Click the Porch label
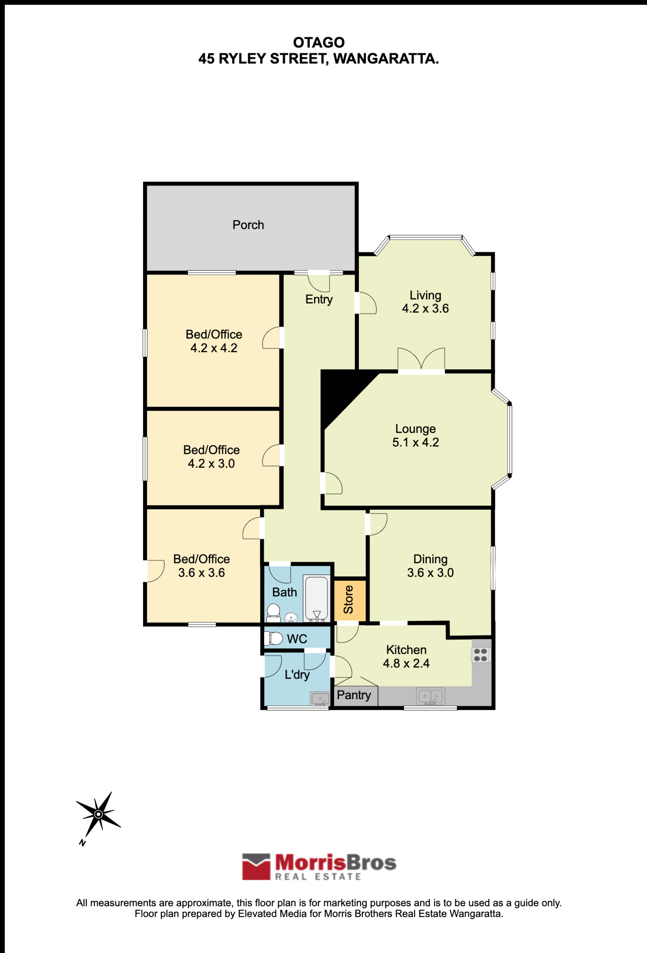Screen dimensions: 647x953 click(248, 225)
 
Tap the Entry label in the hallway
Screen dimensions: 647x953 click(319, 299)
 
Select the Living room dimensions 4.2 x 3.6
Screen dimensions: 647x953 click(425, 308)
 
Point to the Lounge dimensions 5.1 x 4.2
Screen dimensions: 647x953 click(415, 442)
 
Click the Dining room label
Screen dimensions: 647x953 click(430, 559)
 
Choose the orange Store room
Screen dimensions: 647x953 click(349, 600)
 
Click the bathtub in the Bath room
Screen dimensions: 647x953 click(316, 599)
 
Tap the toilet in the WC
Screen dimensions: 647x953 click(274, 638)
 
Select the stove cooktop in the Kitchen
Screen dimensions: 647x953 click(481, 655)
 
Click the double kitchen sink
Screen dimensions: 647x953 click(431, 696)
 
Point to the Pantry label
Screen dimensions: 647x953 click(354, 695)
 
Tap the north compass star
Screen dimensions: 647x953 click(98, 814)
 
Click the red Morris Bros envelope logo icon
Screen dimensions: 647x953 click(256, 866)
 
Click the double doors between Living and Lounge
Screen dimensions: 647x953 click(421, 360)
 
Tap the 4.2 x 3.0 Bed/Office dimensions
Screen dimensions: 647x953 click(211, 464)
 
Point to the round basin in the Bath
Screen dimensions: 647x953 click(291, 617)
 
